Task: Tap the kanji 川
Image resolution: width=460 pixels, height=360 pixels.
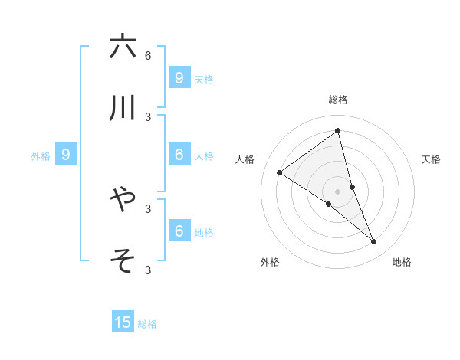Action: (123, 110)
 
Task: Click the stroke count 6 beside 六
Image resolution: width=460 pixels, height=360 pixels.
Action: (148, 55)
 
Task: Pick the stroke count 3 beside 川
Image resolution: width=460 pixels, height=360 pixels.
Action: (148, 117)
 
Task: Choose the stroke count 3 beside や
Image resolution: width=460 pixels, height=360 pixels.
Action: (148, 208)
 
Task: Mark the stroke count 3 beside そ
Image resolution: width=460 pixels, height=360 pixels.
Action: (148, 270)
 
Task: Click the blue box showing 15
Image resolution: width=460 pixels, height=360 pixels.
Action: (123, 322)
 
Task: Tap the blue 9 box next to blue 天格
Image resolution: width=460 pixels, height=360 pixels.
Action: (179, 77)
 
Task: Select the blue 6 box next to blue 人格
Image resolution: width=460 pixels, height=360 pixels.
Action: (179, 155)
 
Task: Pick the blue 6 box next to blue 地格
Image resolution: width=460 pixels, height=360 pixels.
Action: (179, 231)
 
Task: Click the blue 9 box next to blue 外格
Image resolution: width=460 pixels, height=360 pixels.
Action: (66, 155)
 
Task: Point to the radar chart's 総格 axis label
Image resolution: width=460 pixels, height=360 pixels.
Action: (338, 100)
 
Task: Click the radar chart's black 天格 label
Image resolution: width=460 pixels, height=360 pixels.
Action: (431, 159)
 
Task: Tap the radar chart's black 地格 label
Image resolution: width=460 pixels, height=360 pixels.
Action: (402, 262)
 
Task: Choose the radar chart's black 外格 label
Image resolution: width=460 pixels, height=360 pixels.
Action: (270, 262)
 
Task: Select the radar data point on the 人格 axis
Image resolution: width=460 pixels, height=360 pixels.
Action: (280, 173)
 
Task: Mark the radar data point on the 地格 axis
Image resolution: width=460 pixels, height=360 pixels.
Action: (374, 242)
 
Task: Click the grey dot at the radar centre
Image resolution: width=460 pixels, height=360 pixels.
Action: (338, 191)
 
